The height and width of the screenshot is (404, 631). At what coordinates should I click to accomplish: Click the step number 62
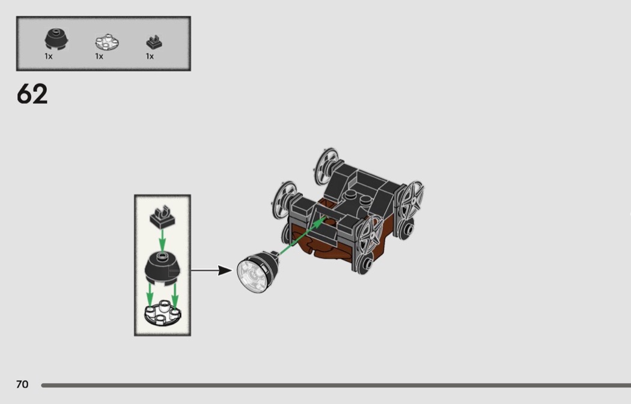32,94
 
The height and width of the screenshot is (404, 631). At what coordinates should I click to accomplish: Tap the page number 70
22,384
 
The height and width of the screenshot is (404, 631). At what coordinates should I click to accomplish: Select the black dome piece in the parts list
56,40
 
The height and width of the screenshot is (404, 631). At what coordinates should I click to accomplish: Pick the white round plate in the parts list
107,42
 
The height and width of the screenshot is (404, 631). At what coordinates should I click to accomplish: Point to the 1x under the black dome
49,56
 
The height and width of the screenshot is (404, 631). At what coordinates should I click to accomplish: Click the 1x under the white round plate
99,56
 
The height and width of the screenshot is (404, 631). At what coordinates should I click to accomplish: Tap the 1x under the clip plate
150,56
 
